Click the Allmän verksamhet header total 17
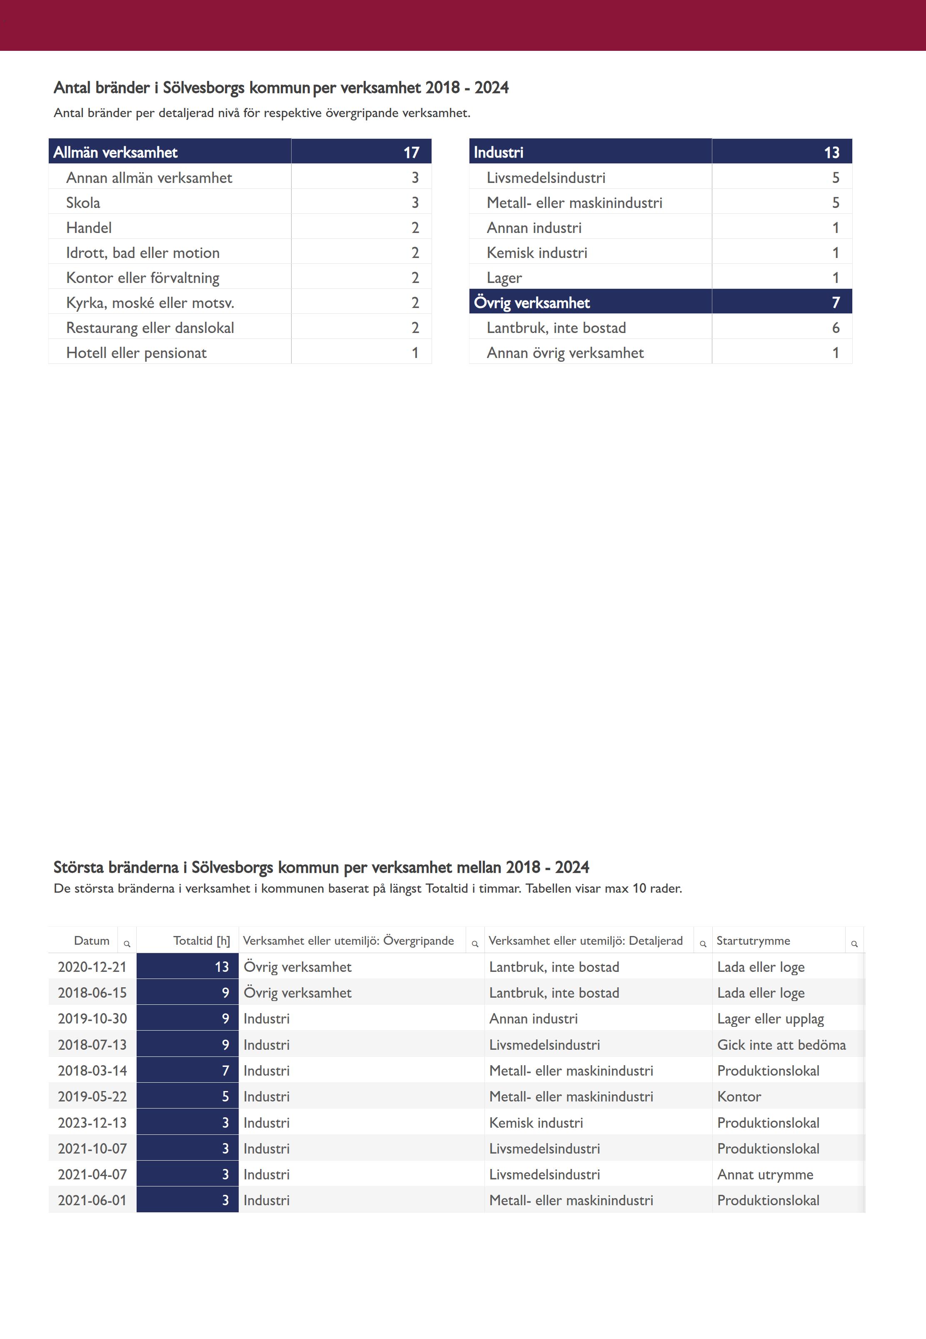(x=412, y=152)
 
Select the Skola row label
(x=83, y=203)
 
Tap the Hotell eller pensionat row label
(x=136, y=353)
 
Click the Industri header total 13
(x=831, y=152)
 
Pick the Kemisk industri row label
(x=537, y=253)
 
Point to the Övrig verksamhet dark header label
(x=532, y=303)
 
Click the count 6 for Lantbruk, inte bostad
(x=836, y=328)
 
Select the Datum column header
(x=92, y=940)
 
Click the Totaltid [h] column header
(x=201, y=940)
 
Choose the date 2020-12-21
(x=92, y=967)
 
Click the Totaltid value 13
(x=222, y=967)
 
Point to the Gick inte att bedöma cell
(x=781, y=1045)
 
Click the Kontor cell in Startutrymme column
(x=739, y=1096)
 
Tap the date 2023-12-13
(x=92, y=1123)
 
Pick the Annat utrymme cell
(x=765, y=1174)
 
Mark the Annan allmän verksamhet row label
(x=149, y=178)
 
